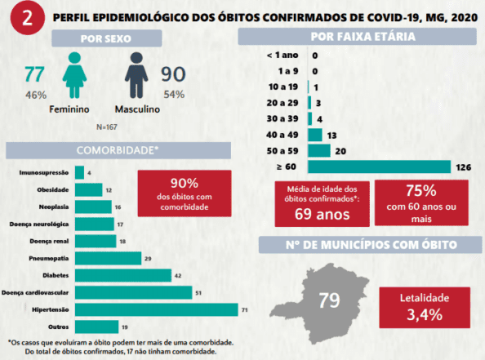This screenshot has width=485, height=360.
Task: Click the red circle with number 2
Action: pyautogui.click(x=28, y=18)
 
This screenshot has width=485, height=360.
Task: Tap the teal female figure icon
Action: pyautogui.click(x=74, y=75)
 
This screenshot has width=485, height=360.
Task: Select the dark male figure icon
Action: pyautogui.click(x=136, y=75)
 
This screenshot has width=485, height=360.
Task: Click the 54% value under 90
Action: pyautogui.click(x=174, y=95)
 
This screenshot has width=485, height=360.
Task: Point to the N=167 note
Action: pyautogui.click(x=107, y=127)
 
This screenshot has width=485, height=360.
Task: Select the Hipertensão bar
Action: pyautogui.click(x=157, y=309)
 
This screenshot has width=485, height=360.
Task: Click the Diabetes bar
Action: pyautogui.click(x=123, y=275)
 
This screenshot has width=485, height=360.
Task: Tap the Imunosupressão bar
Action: pyautogui.click(x=79, y=172)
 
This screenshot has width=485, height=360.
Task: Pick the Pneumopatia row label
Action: pyautogui.click(x=49, y=258)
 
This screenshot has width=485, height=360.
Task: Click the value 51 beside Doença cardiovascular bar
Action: pyautogui.click(x=198, y=293)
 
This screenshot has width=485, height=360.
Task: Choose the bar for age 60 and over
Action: pyautogui.click(x=379, y=167)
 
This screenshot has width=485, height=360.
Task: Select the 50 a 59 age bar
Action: pyautogui.click(x=319, y=151)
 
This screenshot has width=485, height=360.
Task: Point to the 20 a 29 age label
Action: pyautogui.click(x=283, y=103)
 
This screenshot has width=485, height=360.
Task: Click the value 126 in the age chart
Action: pyautogui.click(x=463, y=167)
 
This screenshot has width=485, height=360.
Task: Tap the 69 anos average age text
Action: pyautogui.click(x=322, y=214)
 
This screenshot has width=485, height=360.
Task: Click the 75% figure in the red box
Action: pyautogui.click(x=421, y=190)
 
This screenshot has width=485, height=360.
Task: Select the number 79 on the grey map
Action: pyautogui.click(x=329, y=300)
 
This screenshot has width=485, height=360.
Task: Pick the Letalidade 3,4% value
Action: pyautogui.click(x=425, y=315)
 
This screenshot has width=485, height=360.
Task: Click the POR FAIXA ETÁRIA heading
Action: pyautogui.click(x=363, y=37)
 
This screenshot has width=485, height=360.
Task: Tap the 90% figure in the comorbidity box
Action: pyautogui.click(x=185, y=184)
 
